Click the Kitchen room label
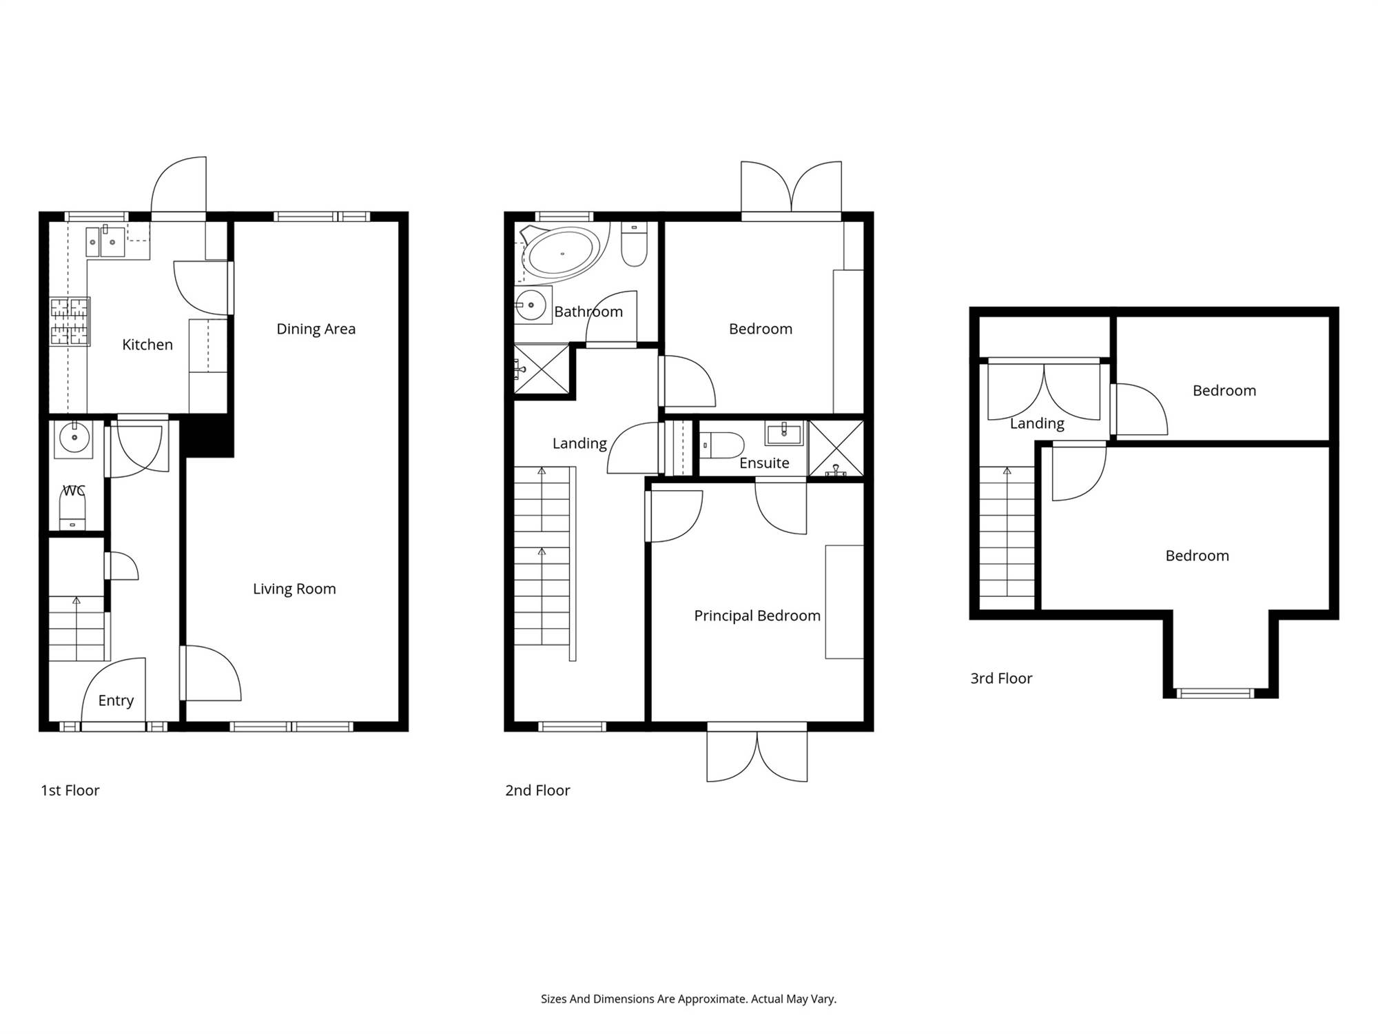[x=147, y=345]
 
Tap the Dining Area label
[x=316, y=329]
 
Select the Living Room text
[x=294, y=589]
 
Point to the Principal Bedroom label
[x=757, y=616]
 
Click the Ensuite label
[x=764, y=463]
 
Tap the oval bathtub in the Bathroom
[x=563, y=253]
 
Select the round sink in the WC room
[x=74, y=438]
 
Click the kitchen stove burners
[x=70, y=321]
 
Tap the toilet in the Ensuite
[x=722, y=445]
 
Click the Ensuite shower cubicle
[x=835, y=449]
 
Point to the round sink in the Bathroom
[x=531, y=305]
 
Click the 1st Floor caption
[x=70, y=791]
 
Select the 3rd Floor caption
[x=1001, y=678]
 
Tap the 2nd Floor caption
[x=537, y=791]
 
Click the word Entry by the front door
[x=116, y=700]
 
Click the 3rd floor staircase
[x=1007, y=531]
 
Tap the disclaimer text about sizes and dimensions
[x=688, y=999]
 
